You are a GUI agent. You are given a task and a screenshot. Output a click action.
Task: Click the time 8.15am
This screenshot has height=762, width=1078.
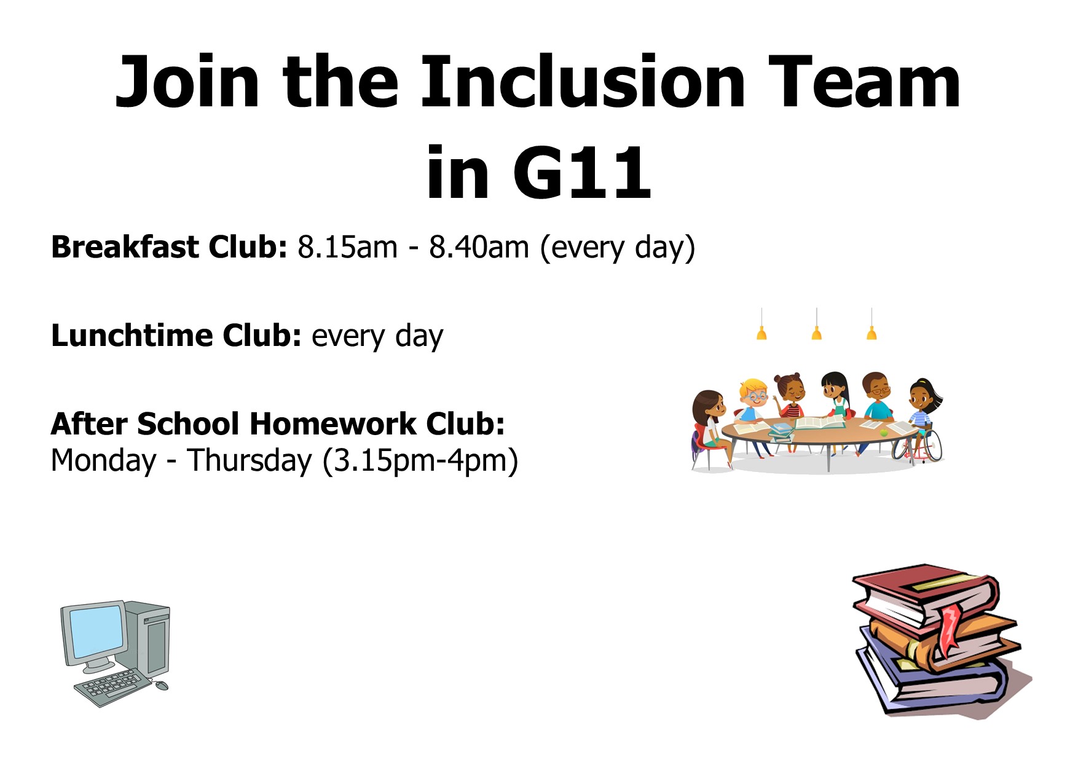[347, 247]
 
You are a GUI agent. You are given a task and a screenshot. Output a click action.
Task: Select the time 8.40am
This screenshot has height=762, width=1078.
[479, 247]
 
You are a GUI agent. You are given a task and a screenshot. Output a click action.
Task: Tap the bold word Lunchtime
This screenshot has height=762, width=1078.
[132, 336]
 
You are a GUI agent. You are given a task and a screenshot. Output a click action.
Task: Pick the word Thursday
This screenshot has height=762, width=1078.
[250, 460]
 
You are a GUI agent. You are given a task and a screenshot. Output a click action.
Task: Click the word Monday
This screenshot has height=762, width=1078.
[103, 460]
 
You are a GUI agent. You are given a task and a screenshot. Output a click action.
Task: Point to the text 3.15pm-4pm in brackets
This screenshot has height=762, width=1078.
[420, 461]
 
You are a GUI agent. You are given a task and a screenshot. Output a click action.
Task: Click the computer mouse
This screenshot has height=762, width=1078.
[162, 685]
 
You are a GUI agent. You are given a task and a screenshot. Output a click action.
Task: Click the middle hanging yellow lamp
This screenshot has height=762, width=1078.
[816, 332]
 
